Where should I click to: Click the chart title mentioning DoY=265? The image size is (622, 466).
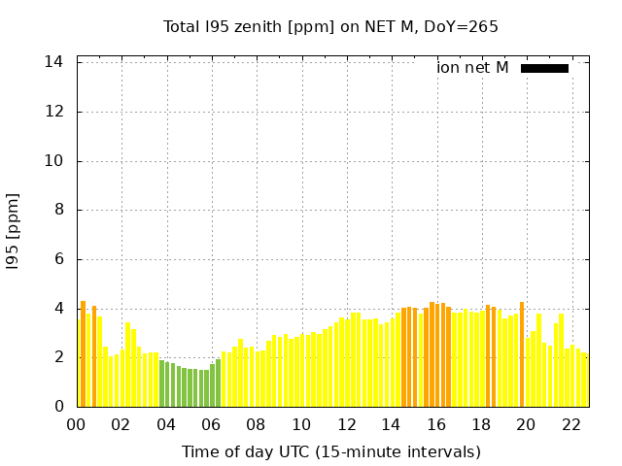click(330, 27)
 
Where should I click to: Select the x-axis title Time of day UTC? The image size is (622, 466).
click(330, 451)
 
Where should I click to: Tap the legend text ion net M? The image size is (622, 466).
click(472, 68)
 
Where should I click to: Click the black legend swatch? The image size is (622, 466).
click(544, 68)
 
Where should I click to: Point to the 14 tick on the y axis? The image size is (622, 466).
click(54, 62)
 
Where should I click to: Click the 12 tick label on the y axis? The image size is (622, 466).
click(54, 112)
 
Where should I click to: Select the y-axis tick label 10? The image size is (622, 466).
click(54, 161)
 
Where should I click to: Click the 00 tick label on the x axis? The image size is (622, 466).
click(76, 425)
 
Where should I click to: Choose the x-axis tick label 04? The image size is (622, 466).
click(166, 425)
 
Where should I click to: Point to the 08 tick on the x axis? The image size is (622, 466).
click(257, 425)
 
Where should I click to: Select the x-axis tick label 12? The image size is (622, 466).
click(347, 425)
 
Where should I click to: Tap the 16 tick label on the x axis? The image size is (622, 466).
click(436, 425)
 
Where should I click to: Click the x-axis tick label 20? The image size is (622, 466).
click(527, 425)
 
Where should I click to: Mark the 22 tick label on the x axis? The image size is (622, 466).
click(571, 425)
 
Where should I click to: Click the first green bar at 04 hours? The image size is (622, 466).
click(162, 384)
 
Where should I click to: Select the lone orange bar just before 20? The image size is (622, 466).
click(522, 354)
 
